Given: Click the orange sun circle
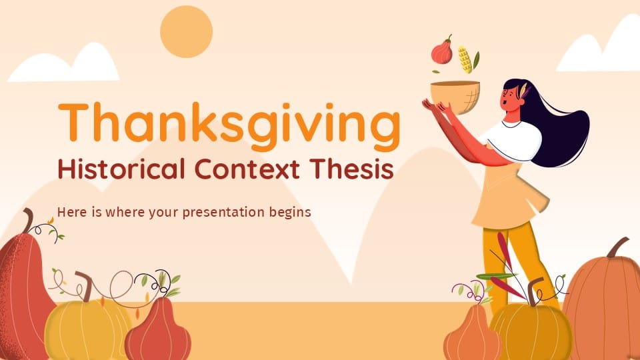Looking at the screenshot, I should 186,31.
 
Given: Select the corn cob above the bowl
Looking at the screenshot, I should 465,59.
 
